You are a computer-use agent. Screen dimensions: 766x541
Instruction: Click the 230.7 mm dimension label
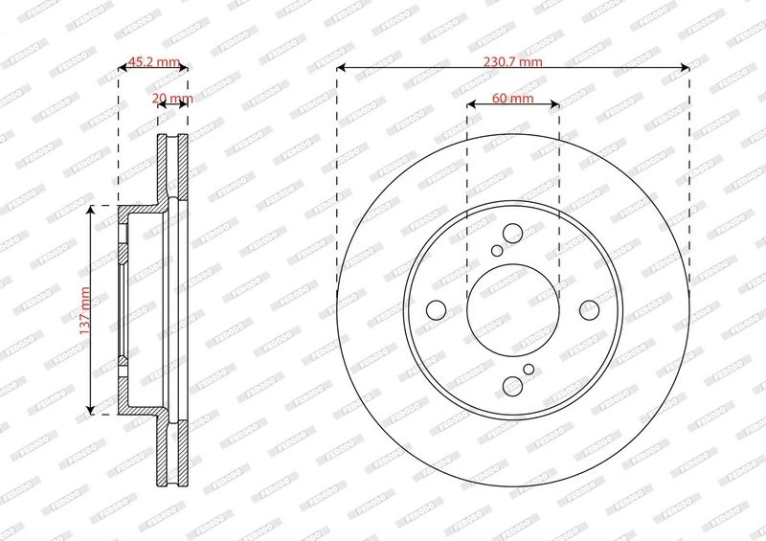tap(513, 62)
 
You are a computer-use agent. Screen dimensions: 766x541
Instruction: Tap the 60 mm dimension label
tap(513, 99)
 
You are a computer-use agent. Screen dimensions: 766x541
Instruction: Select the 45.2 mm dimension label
tap(154, 62)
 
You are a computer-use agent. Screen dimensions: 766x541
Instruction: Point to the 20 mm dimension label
tap(172, 99)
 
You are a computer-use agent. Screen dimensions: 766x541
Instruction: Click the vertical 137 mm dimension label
tap(85, 310)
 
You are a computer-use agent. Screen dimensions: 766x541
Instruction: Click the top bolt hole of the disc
tap(512, 233)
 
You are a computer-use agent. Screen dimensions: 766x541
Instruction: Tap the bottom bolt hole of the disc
tap(512, 386)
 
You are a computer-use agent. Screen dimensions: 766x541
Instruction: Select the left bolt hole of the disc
tap(437, 310)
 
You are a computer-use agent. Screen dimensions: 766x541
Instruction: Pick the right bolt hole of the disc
tap(589, 310)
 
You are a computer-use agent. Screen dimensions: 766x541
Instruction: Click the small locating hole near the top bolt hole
tap(497, 251)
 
